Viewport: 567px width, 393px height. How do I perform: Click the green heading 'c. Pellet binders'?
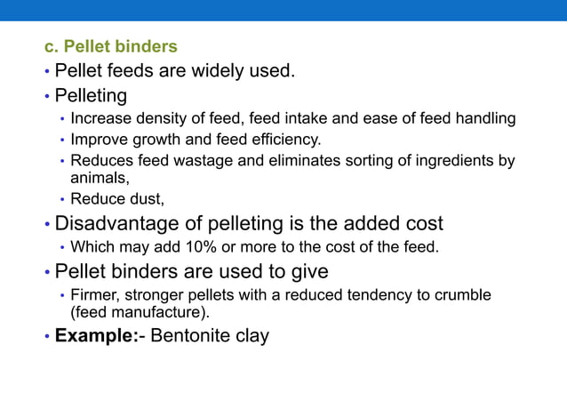(111, 46)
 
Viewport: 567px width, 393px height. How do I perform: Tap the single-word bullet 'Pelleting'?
(91, 95)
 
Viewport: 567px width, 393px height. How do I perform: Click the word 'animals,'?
(100, 178)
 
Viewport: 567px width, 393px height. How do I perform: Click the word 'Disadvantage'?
(121, 223)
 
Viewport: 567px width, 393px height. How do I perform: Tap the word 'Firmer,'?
(97, 294)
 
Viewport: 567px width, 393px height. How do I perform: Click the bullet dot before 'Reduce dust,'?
(62, 200)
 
